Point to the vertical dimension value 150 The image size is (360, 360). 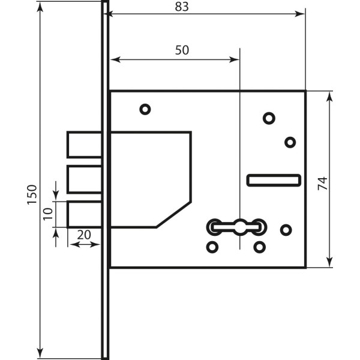click(31, 196)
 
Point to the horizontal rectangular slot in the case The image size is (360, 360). click(274, 179)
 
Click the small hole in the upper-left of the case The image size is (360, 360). click(145, 109)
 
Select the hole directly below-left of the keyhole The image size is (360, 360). click(212, 247)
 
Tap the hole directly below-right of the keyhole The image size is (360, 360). click(259, 247)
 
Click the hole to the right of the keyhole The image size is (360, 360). click(286, 229)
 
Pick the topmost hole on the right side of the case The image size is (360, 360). click(268, 118)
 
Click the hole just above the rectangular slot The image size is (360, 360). click(290, 142)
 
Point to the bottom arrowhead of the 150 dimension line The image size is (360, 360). click(40, 350)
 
